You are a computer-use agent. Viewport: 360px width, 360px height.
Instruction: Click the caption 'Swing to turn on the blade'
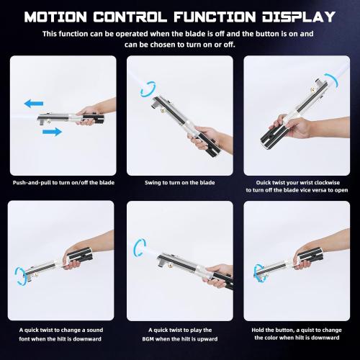point(179,184)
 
